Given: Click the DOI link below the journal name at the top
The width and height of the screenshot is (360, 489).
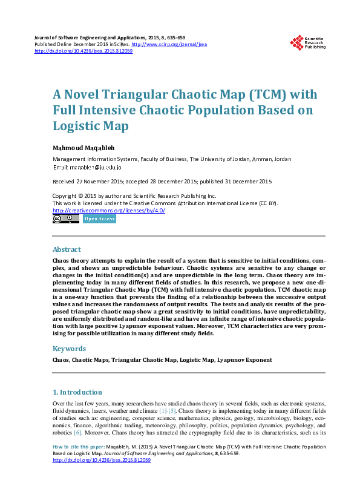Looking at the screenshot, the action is click(x=83, y=51).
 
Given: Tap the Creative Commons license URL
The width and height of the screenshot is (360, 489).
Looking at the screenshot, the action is click(x=109, y=210).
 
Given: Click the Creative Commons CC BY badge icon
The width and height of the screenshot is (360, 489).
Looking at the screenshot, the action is click(x=65, y=219).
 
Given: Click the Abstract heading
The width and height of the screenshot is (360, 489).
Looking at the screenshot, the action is click(x=67, y=249).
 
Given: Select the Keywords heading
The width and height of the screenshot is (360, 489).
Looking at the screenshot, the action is click(x=70, y=349).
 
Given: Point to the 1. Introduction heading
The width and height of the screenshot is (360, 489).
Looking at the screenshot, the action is click(x=77, y=392).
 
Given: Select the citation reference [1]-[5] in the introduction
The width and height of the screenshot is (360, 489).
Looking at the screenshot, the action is click(x=167, y=411).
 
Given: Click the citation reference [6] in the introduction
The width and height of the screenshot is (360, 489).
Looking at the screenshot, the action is click(x=77, y=433).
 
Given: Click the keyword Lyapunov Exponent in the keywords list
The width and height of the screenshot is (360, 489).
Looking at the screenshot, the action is click(x=244, y=359).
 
